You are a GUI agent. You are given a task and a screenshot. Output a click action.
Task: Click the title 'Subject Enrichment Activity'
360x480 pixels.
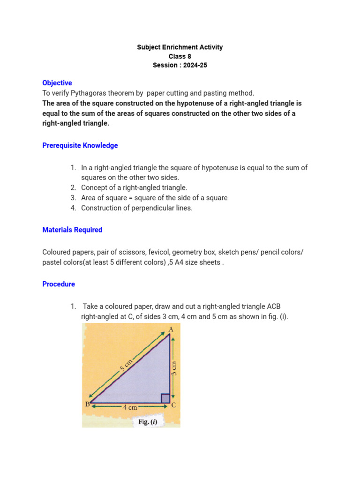[x=180, y=47]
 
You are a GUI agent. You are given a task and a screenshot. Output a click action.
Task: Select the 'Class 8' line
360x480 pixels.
[x=180, y=56]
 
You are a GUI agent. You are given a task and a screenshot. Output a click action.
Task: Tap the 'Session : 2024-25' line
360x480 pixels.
[x=180, y=65]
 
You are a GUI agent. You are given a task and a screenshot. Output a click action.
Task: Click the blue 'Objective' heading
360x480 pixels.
[x=57, y=83]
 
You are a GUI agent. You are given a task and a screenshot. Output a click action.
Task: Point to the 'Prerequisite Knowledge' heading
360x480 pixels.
[x=80, y=145]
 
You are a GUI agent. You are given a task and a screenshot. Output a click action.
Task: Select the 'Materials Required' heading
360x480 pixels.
[x=72, y=230]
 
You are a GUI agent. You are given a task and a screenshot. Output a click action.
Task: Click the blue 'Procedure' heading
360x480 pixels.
[x=59, y=284]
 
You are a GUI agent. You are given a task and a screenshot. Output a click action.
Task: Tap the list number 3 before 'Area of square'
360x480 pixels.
[x=74, y=198]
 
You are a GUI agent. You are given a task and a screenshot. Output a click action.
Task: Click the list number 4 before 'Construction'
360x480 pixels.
[x=74, y=208]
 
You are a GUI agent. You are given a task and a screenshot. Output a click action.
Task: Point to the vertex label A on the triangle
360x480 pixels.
[x=171, y=330]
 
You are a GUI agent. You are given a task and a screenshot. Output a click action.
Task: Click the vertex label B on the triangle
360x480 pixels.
[x=87, y=404]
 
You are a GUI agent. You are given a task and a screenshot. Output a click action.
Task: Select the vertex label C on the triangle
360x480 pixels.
[x=173, y=405]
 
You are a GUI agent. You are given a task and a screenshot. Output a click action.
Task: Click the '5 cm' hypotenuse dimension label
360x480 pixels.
[x=127, y=365]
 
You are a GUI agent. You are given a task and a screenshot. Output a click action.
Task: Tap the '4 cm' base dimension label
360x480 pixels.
[x=130, y=408]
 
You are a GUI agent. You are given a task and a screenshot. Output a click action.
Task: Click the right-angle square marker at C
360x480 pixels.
[x=165, y=398]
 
